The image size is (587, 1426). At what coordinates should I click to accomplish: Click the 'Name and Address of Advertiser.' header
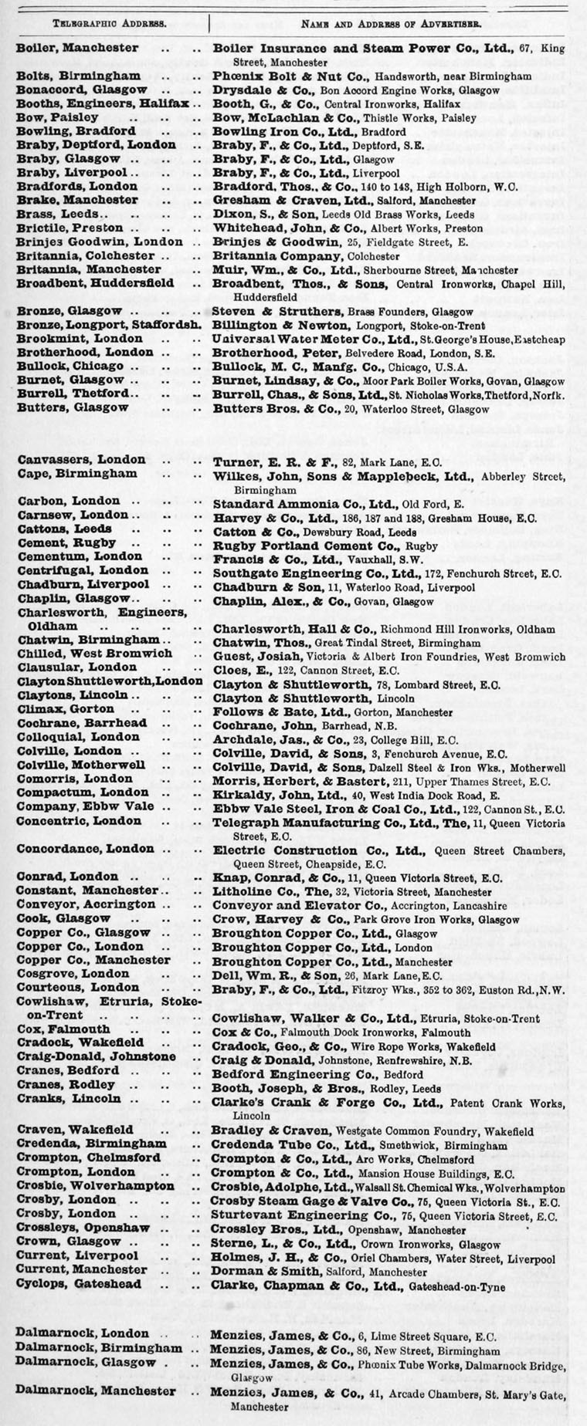click(392, 23)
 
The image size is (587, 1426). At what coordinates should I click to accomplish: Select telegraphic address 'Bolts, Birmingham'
click(79, 76)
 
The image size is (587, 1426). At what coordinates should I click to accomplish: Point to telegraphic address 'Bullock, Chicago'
click(71, 366)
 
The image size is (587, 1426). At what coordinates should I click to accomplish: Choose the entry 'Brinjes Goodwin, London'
click(100, 242)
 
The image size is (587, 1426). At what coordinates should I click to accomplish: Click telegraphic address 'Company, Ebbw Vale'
click(85, 806)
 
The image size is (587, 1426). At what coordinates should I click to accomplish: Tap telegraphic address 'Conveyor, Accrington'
click(86, 904)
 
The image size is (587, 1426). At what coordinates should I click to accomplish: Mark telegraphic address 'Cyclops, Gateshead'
click(79, 1284)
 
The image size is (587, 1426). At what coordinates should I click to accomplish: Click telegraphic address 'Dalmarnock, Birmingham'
click(99, 1348)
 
